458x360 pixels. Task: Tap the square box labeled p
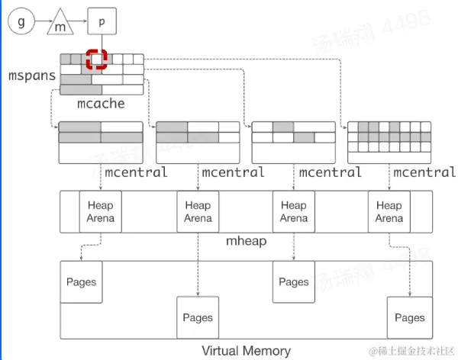pyautogui.click(x=102, y=21)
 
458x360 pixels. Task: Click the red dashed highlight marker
pyautogui.click(x=96, y=59)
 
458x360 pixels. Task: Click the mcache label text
pyautogui.click(x=101, y=103)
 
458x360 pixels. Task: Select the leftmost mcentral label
pyautogui.click(x=135, y=172)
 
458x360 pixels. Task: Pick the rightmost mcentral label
pyautogui.click(x=424, y=172)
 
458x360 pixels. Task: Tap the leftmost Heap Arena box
pyautogui.click(x=101, y=212)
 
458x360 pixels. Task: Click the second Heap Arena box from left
pyautogui.click(x=198, y=212)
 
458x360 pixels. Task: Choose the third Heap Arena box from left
pyautogui.click(x=294, y=212)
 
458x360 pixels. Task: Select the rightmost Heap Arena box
pyautogui.click(x=389, y=212)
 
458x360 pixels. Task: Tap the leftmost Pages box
pyautogui.click(x=81, y=282)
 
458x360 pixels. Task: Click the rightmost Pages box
pyautogui.click(x=410, y=317)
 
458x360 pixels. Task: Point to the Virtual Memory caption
pyautogui.click(x=246, y=351)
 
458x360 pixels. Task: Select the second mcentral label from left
pyautogui.click(x=232, y=172)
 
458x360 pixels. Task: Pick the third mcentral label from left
pyautogui.click(x=329, y=172)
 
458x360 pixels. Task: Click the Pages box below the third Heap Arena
pyautogui.click(x=294, y=282)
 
